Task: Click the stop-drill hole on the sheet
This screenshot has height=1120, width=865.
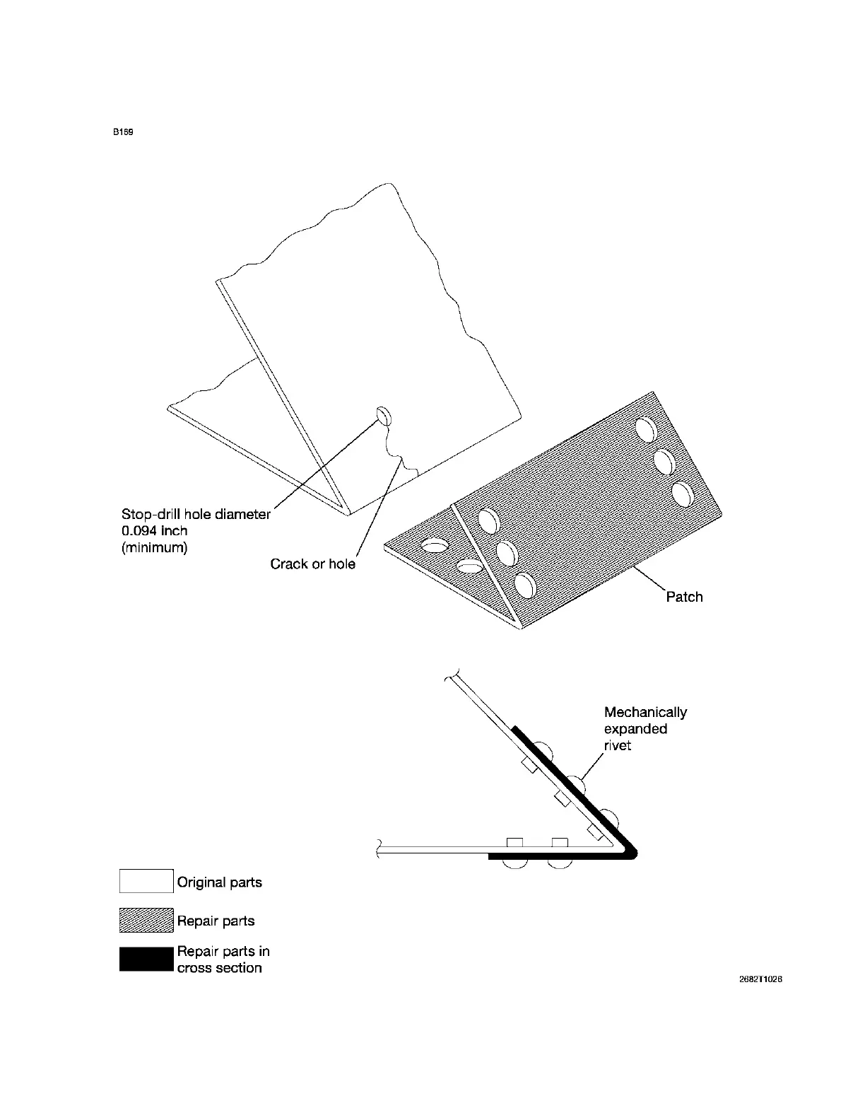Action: (384, 415)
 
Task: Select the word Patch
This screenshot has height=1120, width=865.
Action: (684, 597)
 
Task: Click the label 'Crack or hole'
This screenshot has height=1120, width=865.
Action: (312, 564)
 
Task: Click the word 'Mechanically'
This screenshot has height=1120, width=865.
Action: (645, 712)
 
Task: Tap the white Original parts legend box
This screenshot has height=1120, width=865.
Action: (146, 881)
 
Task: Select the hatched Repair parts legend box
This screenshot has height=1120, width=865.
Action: (146, 920)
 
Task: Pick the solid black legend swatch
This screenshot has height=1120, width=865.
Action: (146, 959)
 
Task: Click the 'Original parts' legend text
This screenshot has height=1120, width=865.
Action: (219, 882)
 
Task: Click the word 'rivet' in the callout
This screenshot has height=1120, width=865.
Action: (618, 746)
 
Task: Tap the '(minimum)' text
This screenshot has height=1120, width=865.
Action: (155, 547)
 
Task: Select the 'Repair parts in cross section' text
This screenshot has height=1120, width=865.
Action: (223, 959)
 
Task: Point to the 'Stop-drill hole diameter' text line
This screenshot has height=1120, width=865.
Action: (196, 514)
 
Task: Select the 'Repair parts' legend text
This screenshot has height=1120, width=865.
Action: (216, 921)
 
